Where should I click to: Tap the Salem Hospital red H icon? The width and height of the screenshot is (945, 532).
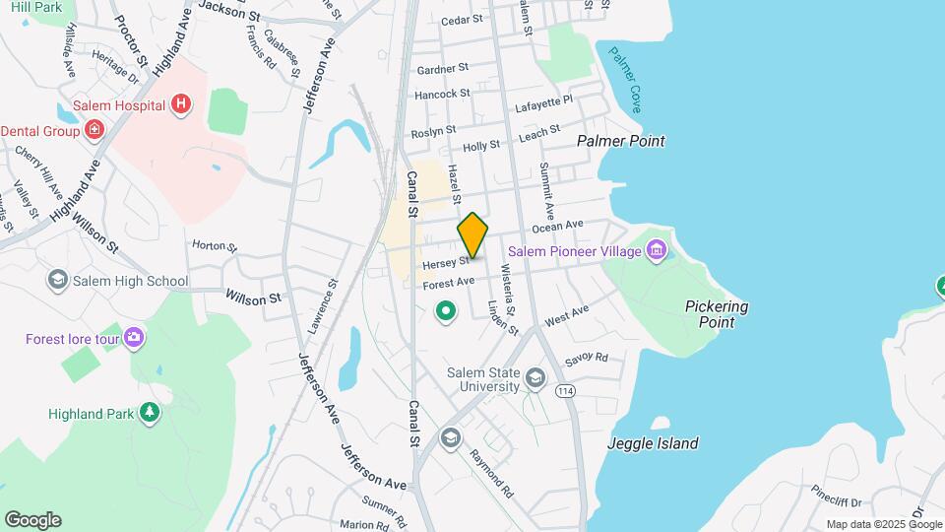coord(179,103)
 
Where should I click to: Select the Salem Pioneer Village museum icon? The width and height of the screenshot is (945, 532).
coord(657,251)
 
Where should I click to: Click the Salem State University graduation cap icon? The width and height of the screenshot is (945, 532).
coord(535,377)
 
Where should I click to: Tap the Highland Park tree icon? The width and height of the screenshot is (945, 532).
coord(149,412)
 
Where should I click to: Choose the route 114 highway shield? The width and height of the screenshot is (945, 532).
coord(567,391)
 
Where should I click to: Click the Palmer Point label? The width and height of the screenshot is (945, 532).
coord(621,141)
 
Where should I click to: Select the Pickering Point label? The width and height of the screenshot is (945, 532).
coord(717,314)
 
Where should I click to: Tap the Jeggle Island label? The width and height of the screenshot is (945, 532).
coord(654,443)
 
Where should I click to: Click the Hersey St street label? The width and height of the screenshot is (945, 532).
coord(442,264)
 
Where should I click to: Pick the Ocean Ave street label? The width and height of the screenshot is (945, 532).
coord(558,227)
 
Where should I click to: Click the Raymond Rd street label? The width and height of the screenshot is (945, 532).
coord(492,474)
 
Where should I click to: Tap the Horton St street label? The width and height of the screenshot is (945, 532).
coord(215,244)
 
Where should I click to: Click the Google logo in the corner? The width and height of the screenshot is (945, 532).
coord(32,520)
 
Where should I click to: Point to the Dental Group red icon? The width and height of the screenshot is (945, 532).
coord(94,129)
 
